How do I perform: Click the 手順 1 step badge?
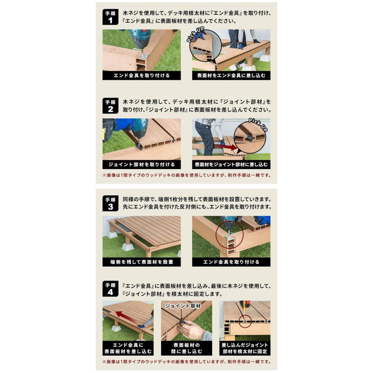(110, 17)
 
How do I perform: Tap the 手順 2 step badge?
(110, 106)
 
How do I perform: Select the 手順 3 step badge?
(110, 203)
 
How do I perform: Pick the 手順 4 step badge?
(110, 289)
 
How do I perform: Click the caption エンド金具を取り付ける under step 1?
(142, 76)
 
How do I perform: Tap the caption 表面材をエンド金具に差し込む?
(231, 76)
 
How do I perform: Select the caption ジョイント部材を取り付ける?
(142, 165)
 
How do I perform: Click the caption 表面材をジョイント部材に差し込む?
(231, 165)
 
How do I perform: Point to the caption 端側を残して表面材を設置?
(142, 262)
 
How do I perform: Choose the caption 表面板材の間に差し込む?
(186, 348)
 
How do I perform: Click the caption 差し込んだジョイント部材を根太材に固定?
(245, 348)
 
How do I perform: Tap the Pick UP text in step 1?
(195, 35)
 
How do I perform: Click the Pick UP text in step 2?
(258, 125)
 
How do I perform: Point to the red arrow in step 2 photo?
(226, 147)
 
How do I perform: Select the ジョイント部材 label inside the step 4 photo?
(183, 306)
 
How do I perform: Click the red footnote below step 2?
(186, 175)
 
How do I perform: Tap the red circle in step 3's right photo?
(229, 235)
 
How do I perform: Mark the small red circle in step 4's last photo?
(245, 321)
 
